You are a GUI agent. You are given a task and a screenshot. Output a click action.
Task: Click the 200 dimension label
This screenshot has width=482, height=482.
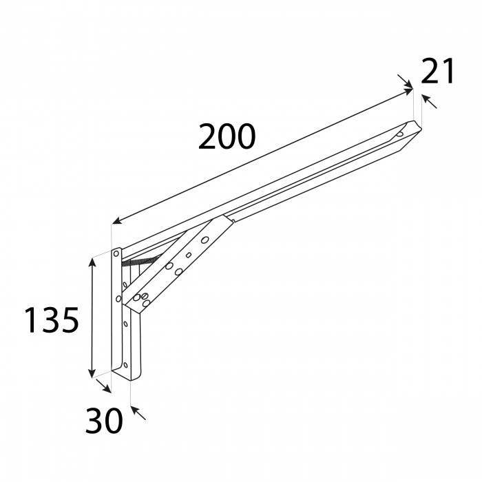pyautogui.click(x=227, y=138)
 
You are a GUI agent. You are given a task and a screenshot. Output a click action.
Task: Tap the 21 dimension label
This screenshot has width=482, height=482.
pyautogui.click(x=438, y=72)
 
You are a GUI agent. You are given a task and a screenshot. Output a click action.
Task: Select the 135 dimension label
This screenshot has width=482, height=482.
pyautogui.click(x=52, y=321)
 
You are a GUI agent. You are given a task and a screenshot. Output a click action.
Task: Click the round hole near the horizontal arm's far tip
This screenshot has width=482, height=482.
pyautogui.click(x=400, y=134)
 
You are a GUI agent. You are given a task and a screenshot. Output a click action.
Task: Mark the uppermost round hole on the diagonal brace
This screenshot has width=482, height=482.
pyautogui.click(x=205, y=240)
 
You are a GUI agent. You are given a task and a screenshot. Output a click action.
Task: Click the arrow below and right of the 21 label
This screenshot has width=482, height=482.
pyautogui.click(x=429, y=102)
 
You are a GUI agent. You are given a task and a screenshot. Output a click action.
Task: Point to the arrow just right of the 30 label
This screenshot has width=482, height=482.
pyautogui.click(x=138, y=413)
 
